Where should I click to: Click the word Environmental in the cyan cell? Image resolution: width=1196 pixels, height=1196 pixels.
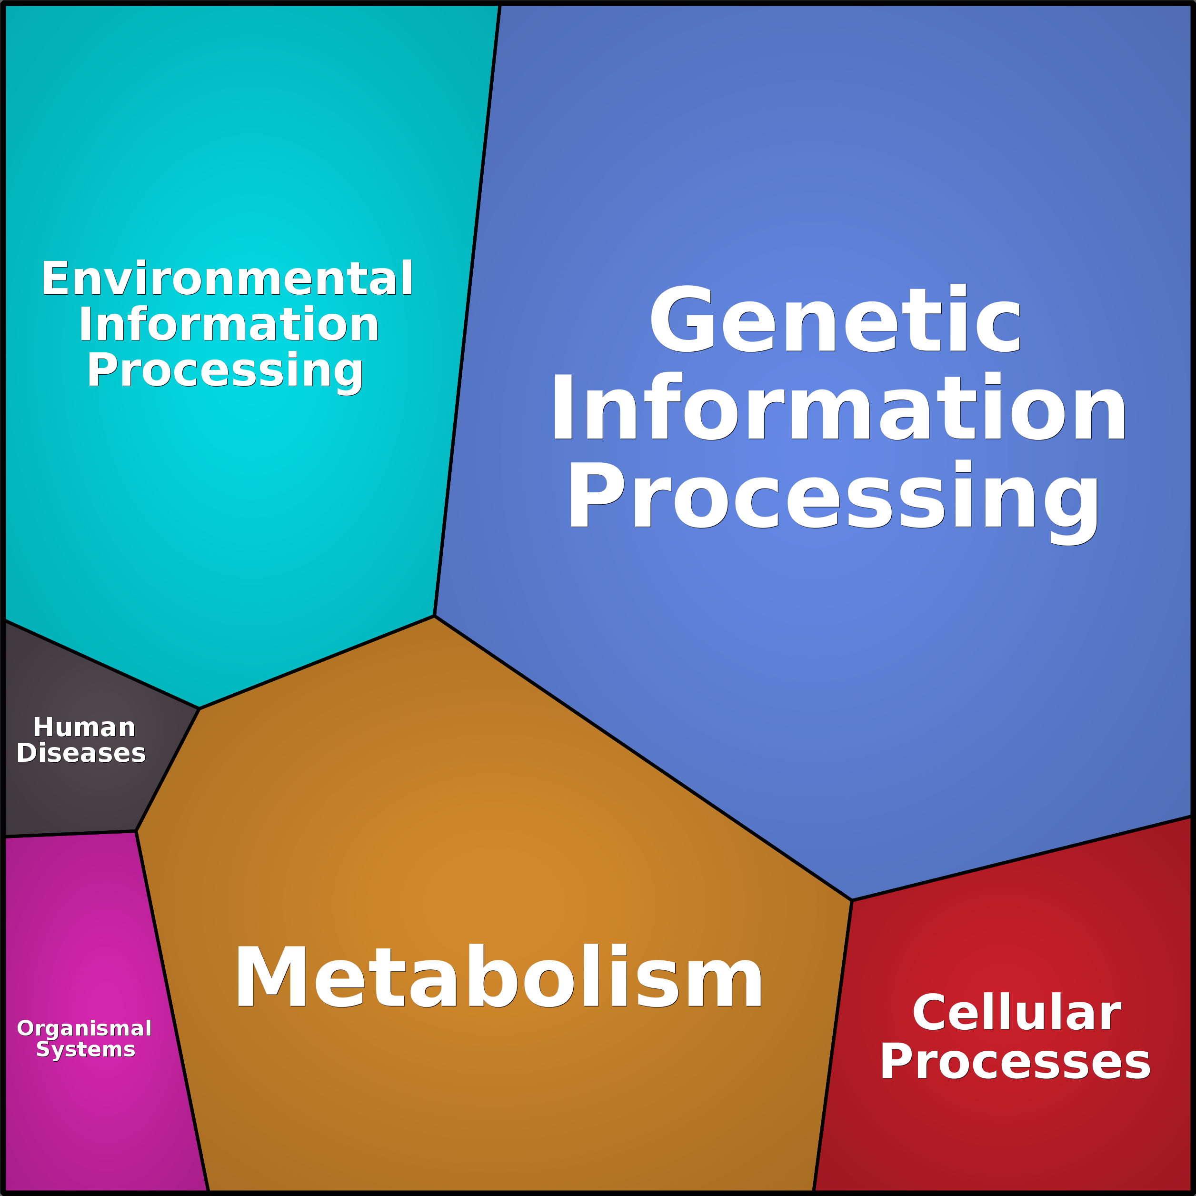point(227,279)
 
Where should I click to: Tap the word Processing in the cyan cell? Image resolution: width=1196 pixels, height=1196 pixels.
point(225,370)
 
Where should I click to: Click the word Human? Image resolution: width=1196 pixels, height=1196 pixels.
point(84,728)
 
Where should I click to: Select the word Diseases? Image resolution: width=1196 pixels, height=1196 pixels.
point(81,753)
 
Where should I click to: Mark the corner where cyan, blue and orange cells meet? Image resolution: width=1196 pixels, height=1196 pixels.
point(435,616)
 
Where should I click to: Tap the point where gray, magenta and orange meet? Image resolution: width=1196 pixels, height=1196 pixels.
point(136,831)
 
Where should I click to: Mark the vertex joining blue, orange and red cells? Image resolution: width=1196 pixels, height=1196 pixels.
point(852,901)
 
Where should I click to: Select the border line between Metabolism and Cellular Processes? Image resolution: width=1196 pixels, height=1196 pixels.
point(833,1046)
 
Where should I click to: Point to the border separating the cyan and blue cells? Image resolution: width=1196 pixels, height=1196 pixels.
point(468,309)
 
